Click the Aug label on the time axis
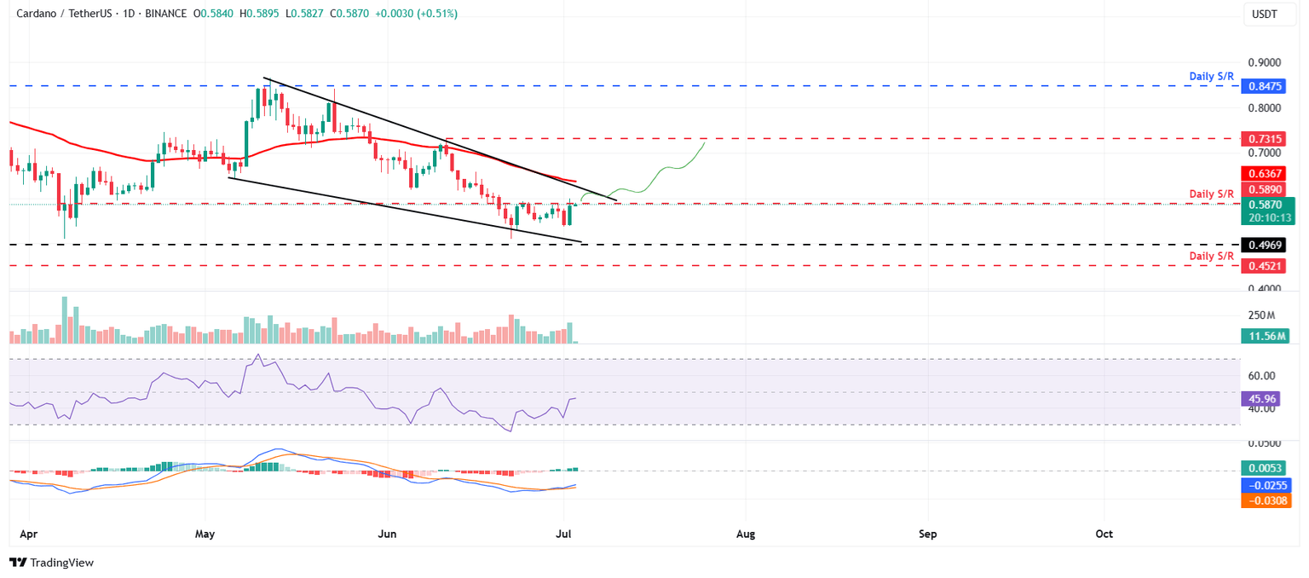pyautogui.click(x=746, y=535)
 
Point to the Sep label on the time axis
pyautogui.click(x=927, y=535)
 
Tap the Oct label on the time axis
pyautogui.click(x=1104, y=535)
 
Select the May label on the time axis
pyautogui.click(x=205, y=535)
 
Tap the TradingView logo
pyautogui.click(x=51, y=563)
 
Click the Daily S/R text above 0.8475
pyautogui.click(x=1211, y=76)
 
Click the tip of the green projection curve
pyautogui.click(x=705, y=143)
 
